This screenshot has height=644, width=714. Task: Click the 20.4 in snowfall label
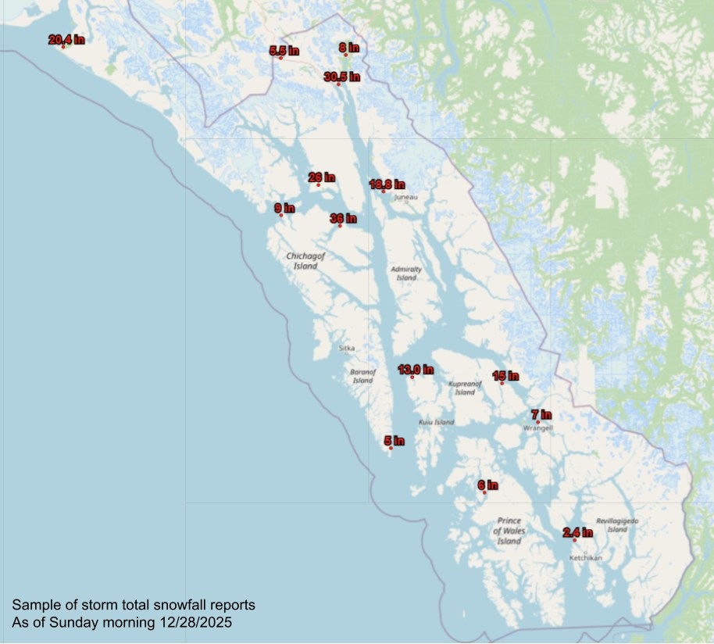(x=66, y=40)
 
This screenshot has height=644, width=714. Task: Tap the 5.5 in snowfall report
(x=284, y=51)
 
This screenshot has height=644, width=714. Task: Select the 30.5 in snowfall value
(x=341, y=77)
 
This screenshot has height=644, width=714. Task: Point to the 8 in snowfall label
(x=348, y=48)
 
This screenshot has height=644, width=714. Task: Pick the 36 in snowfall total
(x=343, y=219)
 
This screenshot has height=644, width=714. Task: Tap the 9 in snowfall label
(x=284, y=208)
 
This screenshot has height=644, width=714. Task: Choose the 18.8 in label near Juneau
(x=387, y=184)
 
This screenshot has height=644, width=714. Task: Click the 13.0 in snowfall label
(x=416, y=370)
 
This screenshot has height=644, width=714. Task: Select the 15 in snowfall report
(x=505, y=376)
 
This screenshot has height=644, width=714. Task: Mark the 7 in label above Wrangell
(x=541, y=414)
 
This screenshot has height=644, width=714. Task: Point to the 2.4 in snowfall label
(x=577, y=533)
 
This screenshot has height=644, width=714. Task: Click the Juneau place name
(x=405, y=198)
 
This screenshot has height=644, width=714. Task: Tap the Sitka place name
(x=346, y=349)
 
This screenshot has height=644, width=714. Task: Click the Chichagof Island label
(x=305, y=261)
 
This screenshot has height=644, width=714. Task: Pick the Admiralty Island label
(x=406, y=274)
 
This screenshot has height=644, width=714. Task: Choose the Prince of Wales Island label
(x=509, y=531)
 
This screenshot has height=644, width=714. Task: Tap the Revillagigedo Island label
(x=617, y=524)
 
